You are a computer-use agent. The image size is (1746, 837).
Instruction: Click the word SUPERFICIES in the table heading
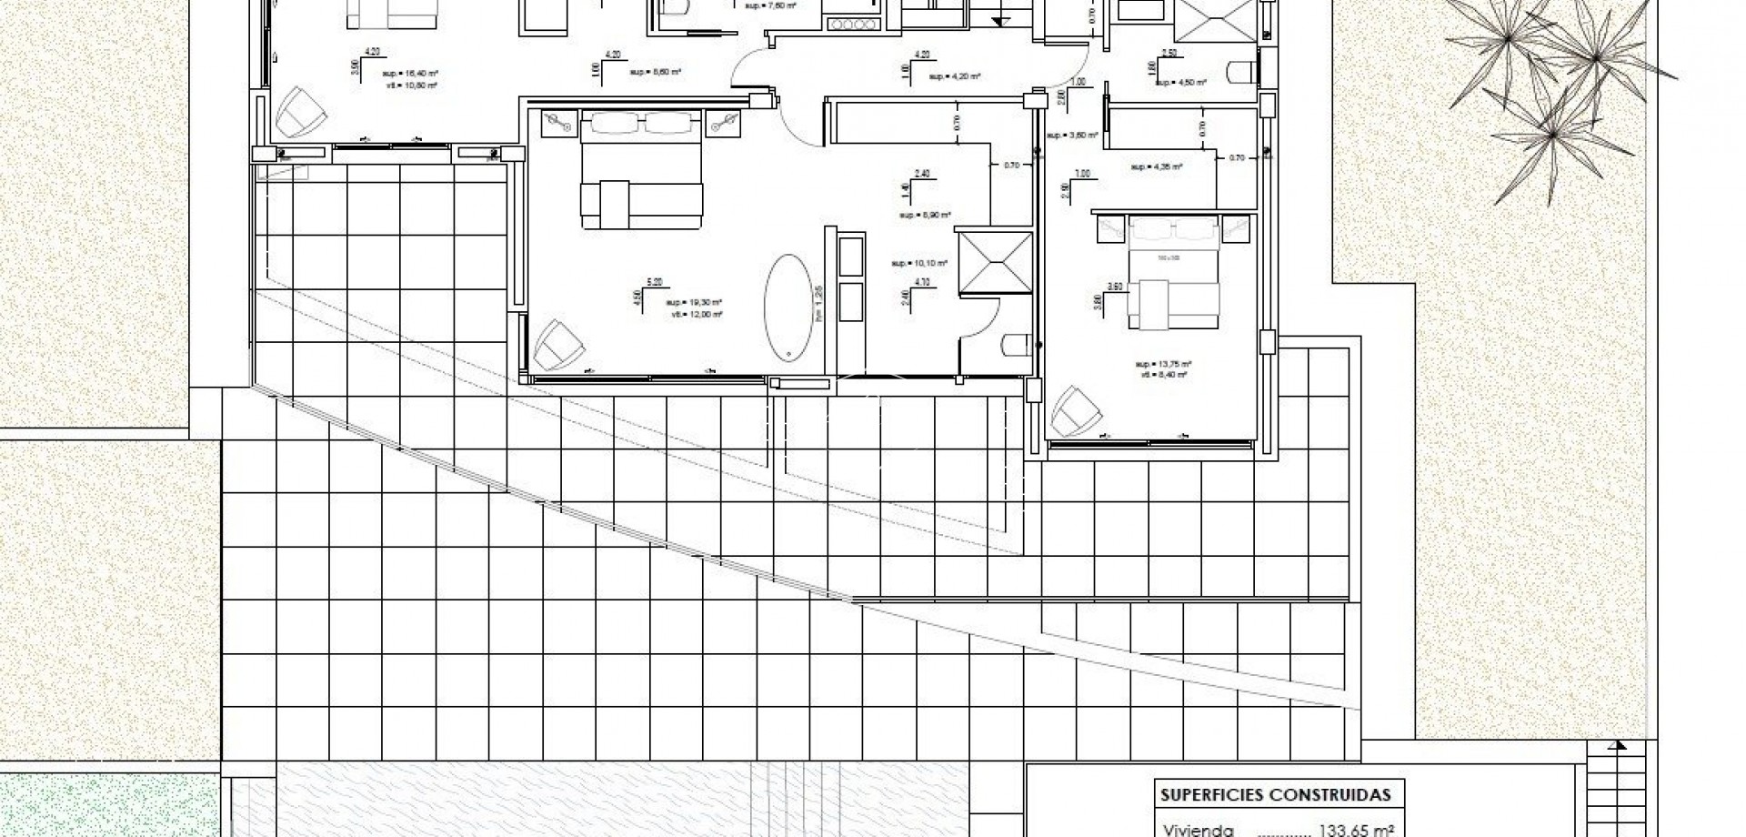(x=1204, y=795)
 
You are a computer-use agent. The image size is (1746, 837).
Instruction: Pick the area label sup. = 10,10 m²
(x=920, y=263)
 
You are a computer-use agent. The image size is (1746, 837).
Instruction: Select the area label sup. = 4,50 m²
(x=1181, y=83)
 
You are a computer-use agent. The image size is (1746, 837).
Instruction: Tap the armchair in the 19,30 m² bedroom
(x=555, y=343)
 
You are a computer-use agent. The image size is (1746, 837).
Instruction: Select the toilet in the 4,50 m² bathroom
(x=1241, y=70)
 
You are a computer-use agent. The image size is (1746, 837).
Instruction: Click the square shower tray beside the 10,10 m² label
(x=996, y=263)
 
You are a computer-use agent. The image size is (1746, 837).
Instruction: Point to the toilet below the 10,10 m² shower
(x=1014, y=344)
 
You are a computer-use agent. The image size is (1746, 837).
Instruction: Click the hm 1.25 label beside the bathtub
(x=819, y=303)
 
